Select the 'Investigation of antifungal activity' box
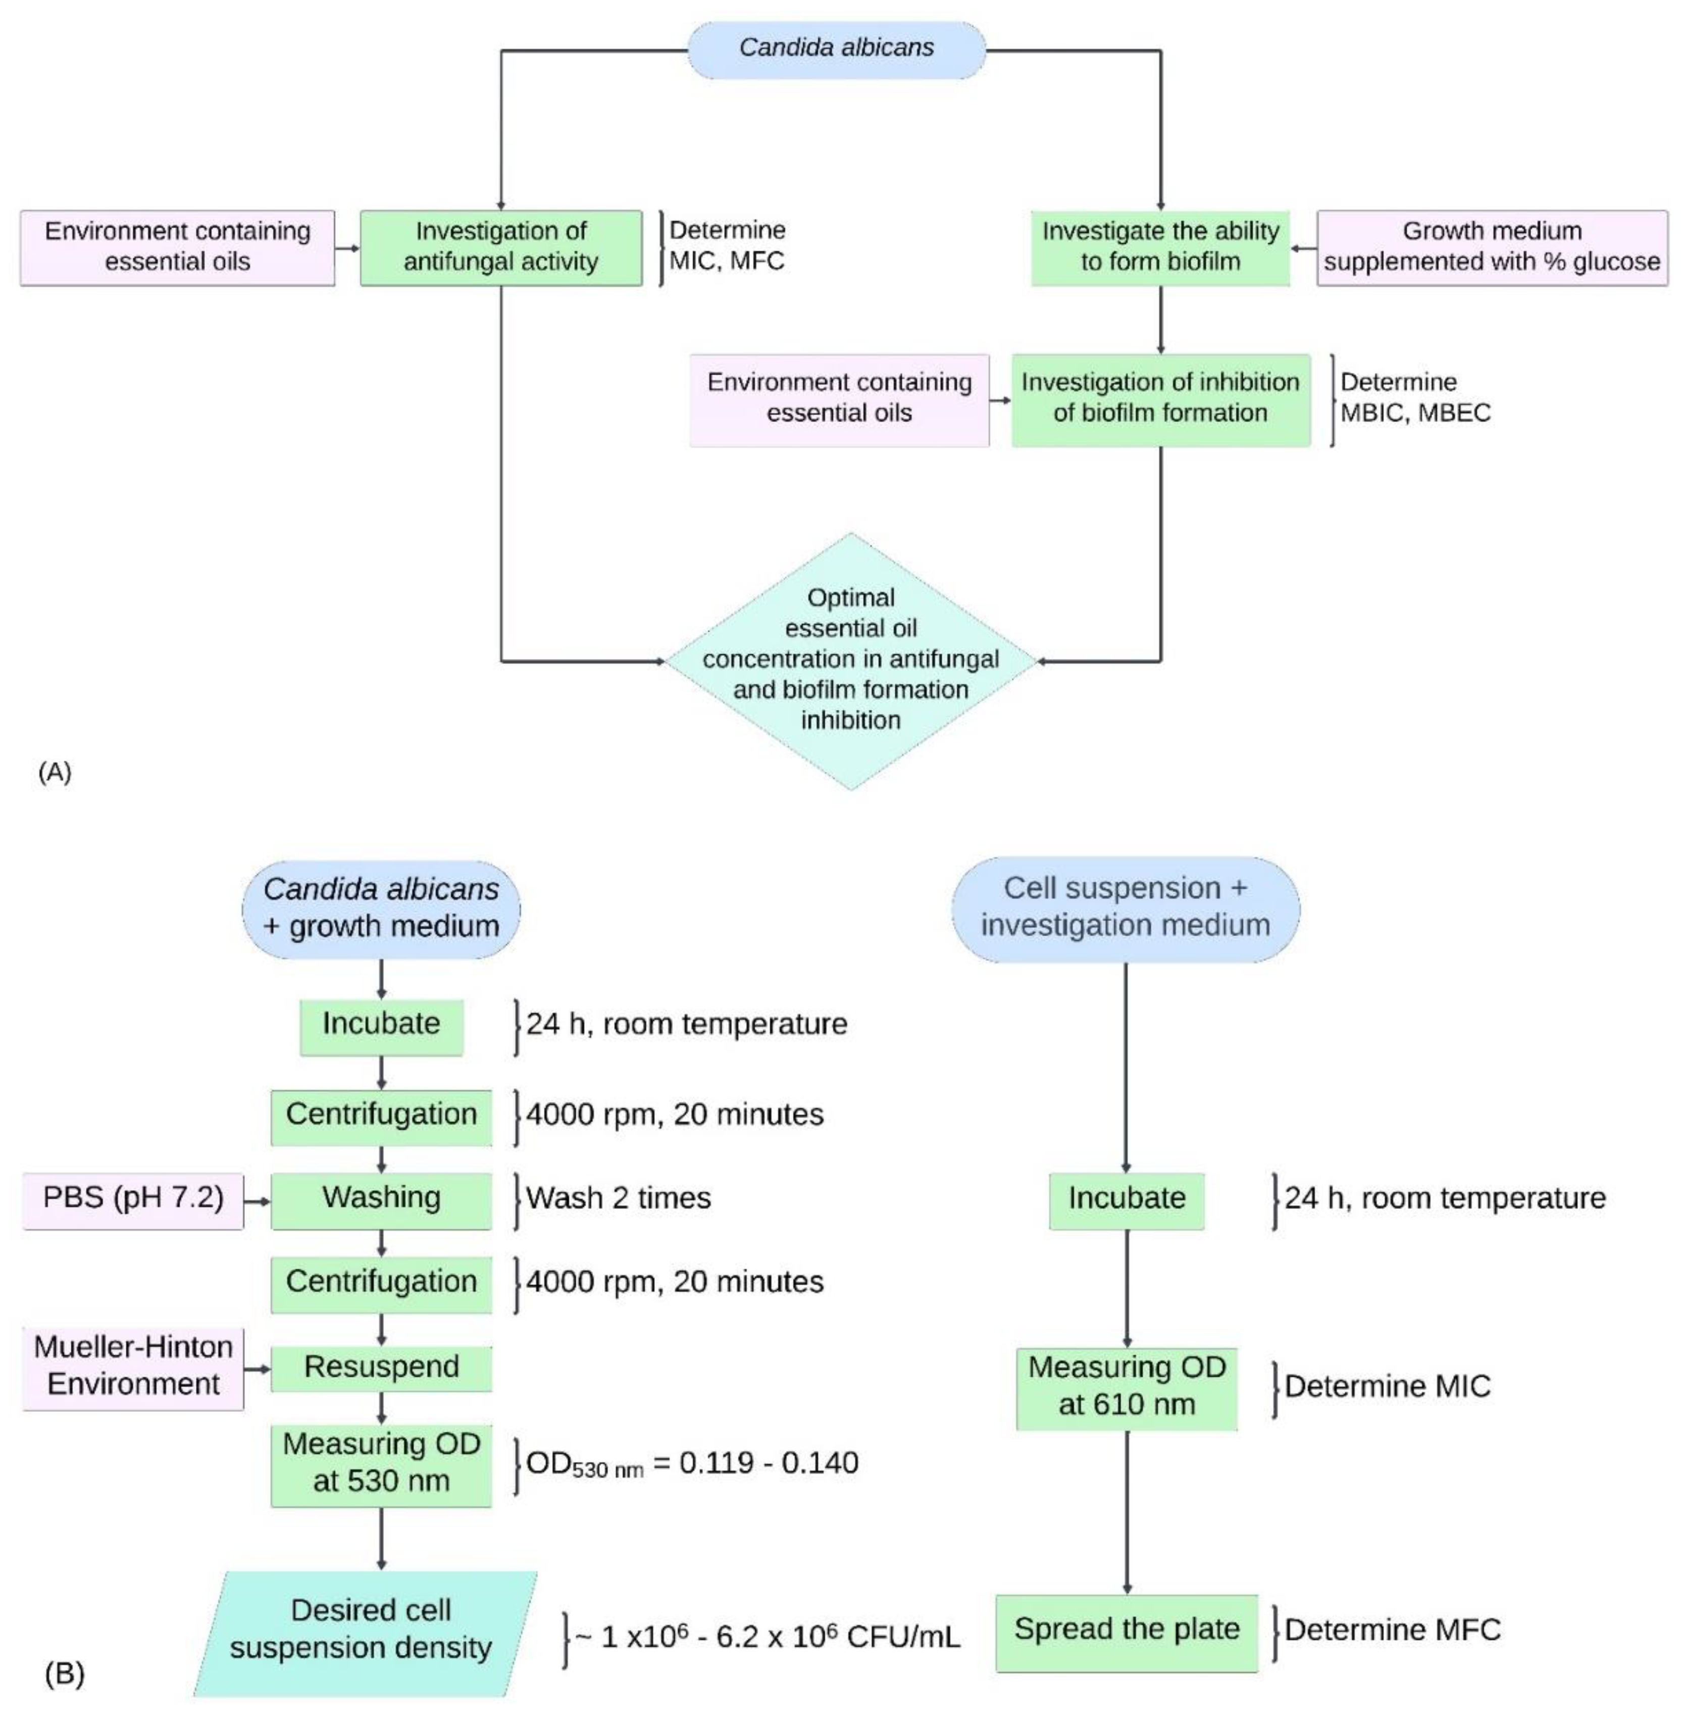coord(500,247)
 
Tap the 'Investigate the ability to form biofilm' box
coord(1160,247)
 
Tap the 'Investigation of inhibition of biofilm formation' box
coord(1160,399)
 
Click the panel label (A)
coord(55,773)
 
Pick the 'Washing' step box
coord(381,1198)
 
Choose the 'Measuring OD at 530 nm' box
coord(381,1462)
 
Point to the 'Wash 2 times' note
coord(618,1198)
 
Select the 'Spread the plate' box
coord(1127,1629)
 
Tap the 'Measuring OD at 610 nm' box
coord(1127,1386)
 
